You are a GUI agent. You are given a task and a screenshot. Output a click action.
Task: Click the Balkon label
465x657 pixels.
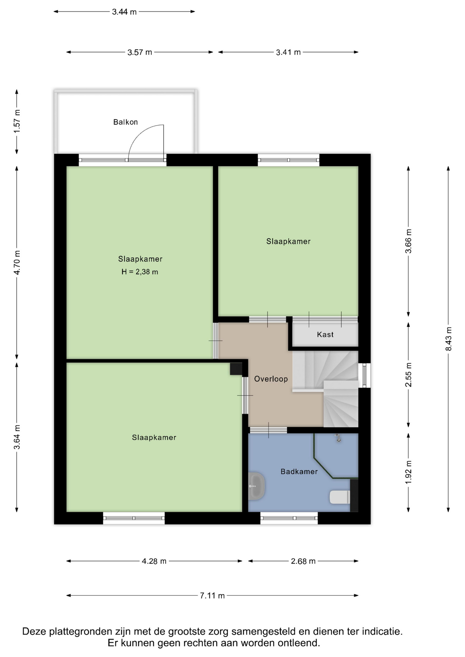pos(125,122)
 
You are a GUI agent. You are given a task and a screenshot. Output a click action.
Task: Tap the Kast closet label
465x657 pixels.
pos(325,335)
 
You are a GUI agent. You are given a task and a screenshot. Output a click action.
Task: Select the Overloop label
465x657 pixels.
pos(271,379)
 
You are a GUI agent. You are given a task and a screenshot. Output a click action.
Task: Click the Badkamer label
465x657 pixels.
pos(299,472)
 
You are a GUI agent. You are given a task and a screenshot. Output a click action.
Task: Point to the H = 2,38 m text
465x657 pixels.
pos(140,272)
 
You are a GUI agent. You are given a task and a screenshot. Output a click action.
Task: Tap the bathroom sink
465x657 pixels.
pos(256,486)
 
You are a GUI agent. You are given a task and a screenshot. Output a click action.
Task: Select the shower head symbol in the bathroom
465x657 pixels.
pos(338,438)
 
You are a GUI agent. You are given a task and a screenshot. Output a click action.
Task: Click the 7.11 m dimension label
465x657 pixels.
pos(212,596)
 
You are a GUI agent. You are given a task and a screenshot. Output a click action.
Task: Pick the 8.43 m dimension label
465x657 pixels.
pos(448,339)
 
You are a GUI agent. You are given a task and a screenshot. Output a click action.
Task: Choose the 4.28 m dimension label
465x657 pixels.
pos(154,561)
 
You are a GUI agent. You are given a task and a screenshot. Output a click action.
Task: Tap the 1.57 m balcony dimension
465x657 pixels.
pos(17,122)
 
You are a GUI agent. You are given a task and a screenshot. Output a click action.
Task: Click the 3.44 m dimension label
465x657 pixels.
pos(124,12)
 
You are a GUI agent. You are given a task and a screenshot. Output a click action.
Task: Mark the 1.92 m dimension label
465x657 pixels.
pos(408,473)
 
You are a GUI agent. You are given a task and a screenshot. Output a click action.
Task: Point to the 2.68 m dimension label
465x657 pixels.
pos(303,561)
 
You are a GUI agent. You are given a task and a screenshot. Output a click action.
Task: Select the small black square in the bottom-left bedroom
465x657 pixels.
pos(236,369)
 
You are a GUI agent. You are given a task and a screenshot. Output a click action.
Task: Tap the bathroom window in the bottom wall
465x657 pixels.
pos(289,518)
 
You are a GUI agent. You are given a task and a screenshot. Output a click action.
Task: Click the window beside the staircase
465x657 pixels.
pos(364,375)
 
